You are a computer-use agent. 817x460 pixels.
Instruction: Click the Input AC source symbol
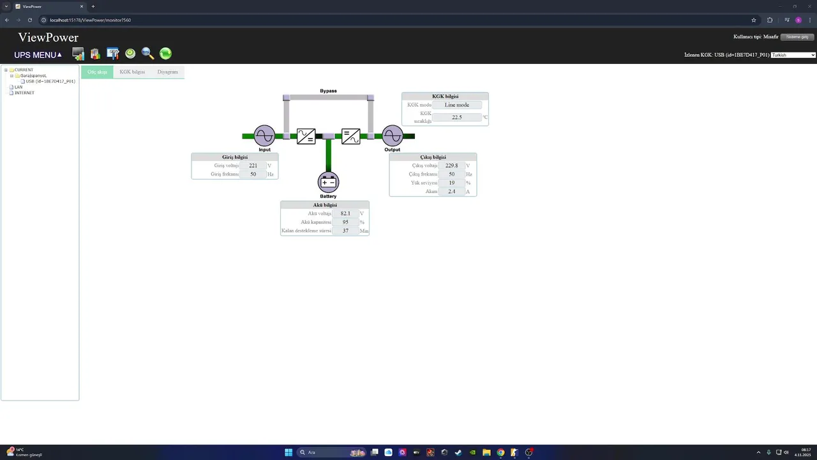click(x=264, y=135)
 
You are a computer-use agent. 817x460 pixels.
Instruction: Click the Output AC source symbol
click(x=393, y=135)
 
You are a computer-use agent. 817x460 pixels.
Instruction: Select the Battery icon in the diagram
click(x=328, y=182)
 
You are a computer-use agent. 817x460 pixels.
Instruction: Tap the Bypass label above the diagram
click(x=328, y=91)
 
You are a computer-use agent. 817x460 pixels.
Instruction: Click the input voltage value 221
click(x=253, y=165)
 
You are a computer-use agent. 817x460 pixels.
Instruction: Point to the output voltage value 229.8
click(x=452, y=165)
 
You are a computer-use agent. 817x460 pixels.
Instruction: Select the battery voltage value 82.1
click(x=345, y=213)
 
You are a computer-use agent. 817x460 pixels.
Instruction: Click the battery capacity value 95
click(x=345, y=222)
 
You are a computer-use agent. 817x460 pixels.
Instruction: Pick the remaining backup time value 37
click(x=345, y=231)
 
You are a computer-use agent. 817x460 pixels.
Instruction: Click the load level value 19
click(x=452, y=183)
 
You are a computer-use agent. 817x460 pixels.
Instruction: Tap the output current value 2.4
click(x=452, y=192)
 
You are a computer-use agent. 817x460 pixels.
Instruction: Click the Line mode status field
click(x=457, y=105)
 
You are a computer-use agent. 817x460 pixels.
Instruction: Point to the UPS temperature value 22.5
click(x=457, y=118)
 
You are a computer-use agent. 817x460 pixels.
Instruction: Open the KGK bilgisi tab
click(x=132, y=72)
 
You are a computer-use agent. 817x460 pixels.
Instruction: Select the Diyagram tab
click(x=168, y=72)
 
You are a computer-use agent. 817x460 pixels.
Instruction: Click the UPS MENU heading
click(x=38, y=55)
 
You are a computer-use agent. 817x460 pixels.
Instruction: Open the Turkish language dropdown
click(x=793, y=55)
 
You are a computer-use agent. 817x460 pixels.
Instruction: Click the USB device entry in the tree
click(x=50, y=81)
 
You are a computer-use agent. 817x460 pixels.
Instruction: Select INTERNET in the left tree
click(x=24, y=93)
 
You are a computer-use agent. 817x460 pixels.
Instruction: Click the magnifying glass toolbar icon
click(x=147, y=54)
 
